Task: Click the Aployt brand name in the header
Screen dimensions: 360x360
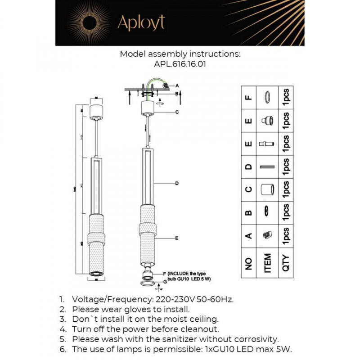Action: click(141, 23)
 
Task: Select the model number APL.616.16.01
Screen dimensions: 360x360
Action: click(180, 64)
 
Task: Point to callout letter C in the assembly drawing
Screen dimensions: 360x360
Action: click(177, 112)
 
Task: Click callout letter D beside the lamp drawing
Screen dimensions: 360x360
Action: click(177, 183)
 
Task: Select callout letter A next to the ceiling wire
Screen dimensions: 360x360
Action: click(177, 85)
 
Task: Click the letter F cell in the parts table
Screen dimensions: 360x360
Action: click(248, 98)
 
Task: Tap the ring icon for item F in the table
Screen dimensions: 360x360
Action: click(268, 98)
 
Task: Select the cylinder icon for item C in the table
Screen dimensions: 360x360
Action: click(268, 190)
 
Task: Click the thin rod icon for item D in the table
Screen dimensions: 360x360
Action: click(268, 167)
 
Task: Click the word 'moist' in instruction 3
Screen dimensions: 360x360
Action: click(176, 319)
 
